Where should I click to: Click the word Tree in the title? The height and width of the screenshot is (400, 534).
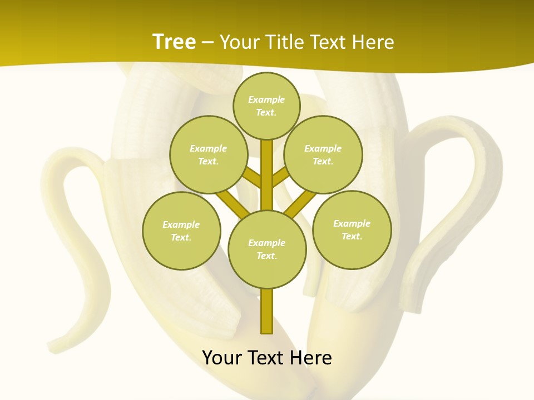click(x=174, y=42)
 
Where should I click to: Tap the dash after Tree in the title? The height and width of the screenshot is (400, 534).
click(x=207, y=43)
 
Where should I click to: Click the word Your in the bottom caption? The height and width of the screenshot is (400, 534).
click(x=222, y=358)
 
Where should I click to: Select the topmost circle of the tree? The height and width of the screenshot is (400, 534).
click(x=266, y=106)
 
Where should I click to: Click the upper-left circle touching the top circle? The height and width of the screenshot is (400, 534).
click(x=208, y=154)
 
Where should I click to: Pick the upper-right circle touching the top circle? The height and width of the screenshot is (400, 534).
click(x=323, y=154)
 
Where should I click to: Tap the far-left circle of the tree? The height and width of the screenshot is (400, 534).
click(x=181, y=231)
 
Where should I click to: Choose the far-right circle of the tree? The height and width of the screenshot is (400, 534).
click(x=352, y=229)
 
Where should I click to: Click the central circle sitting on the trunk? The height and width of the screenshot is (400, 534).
click(x=267, y=249)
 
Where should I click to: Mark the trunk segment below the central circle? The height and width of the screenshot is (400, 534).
click(x=267, y=311)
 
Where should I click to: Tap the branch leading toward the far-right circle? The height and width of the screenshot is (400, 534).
click(x=300, y=204)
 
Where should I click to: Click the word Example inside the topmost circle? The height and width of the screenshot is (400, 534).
click(x=266, y=99)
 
